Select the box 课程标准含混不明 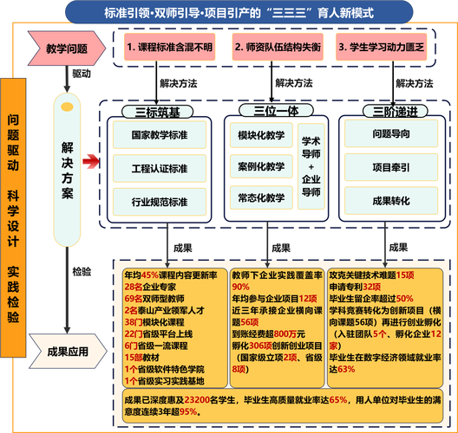[x=169, y=48]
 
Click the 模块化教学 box [x=261, y=137]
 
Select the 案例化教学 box [x=261, y=166]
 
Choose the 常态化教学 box [x=261, y=197]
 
